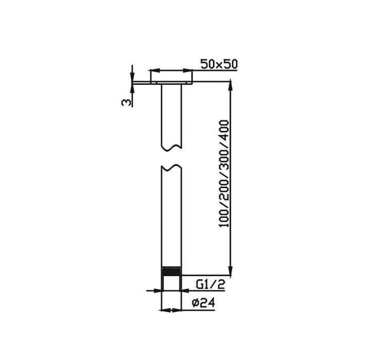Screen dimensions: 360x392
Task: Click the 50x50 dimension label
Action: [218, 64]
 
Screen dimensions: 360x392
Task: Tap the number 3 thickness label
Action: [125, 102]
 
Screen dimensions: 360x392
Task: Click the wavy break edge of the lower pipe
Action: [172, 167]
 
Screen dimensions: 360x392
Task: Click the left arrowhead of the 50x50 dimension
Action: [153, 71]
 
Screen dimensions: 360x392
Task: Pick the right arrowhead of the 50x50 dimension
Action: [190, 71]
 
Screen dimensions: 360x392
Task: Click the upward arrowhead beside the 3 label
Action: [132, 89]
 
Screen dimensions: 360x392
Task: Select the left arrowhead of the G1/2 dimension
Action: [157, 291]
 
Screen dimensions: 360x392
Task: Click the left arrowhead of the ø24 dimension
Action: [164, 310]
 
